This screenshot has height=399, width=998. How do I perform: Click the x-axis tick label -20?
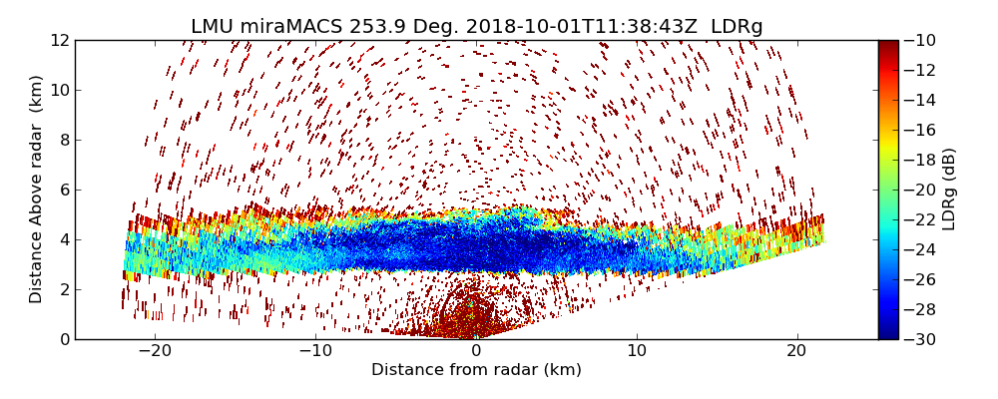pyautogui.click(x=155, y=351)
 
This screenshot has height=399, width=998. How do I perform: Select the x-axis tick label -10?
pyautogui.click(x=315, y=351)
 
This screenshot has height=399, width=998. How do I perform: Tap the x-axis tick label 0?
pyautogui.click(x=476, y=351)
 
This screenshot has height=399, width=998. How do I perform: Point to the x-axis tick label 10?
pyautogui.click(x=637, y=351)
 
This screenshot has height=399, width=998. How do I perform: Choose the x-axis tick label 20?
pyautogui.click(x=796, y=351)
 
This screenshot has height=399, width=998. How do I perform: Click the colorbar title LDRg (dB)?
pyautogui.click(x=949, y=190)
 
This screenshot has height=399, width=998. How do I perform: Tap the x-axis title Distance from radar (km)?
pyautogui.click(x=476, y=370)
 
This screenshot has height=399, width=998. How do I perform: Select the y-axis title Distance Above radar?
pyautogui.click(x=37, y=190)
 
